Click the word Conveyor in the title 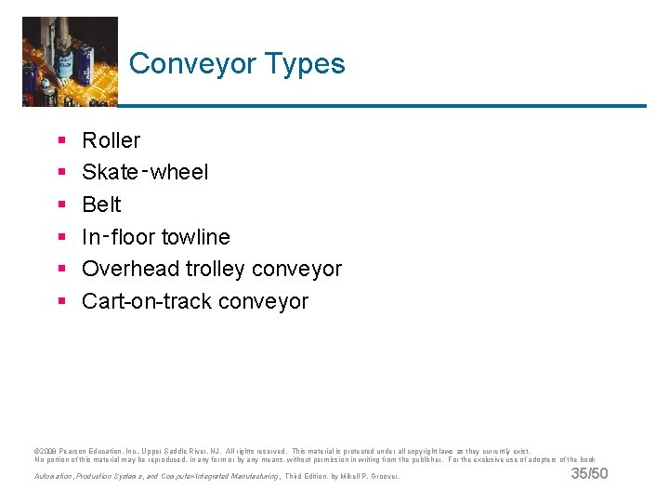pyautogui.click(x=192, y=64)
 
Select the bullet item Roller pyautogui.click(x=111, y=140)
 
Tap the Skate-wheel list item pyautogui.click(x=145, y=172)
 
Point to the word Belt pyautogui.click(x=101, y=205)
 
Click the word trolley pyautogui.click(x=214, y=269)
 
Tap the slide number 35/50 pyautogui.click(x=589, y=474)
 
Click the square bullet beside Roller pyautogui.click(x=61, y=141)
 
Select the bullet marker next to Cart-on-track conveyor pyautogui.click(x=61, y=301)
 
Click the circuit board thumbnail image pyautogui.click(x=70, y=60)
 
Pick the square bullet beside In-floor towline pyautogui.click(x=61, y=237)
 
